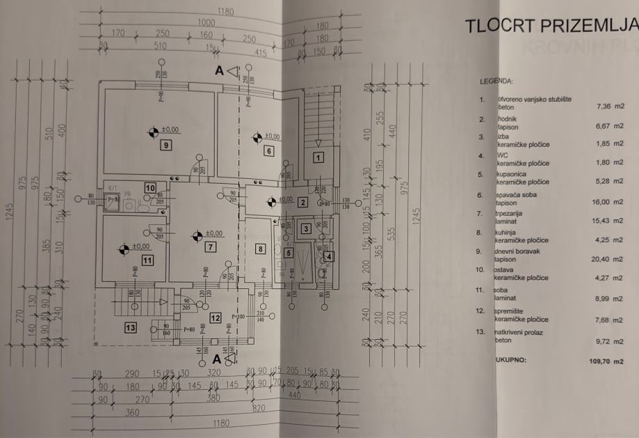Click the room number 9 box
pyautogui.click(x=165, y=146)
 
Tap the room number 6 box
pyautogui.click(x=268, y=150)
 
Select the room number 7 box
pyautogui.click(x=210, y=246)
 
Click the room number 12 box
pyautogui.click(x=216, y=318)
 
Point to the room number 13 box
pyautogui.click(x=129, y=327)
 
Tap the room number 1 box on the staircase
pyautogui.click(x=318, y=158)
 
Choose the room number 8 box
pyautogui.click(x=260, y=249)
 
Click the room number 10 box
pyautogui.click(x=149, y=187)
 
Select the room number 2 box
pyautogui.click(x=302, y=203)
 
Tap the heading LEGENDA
pyautogui.click(x=496, y=81)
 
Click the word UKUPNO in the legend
pyautogui.click(x=511, y=361)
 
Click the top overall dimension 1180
pyautogui.click(x=224, y=11)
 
